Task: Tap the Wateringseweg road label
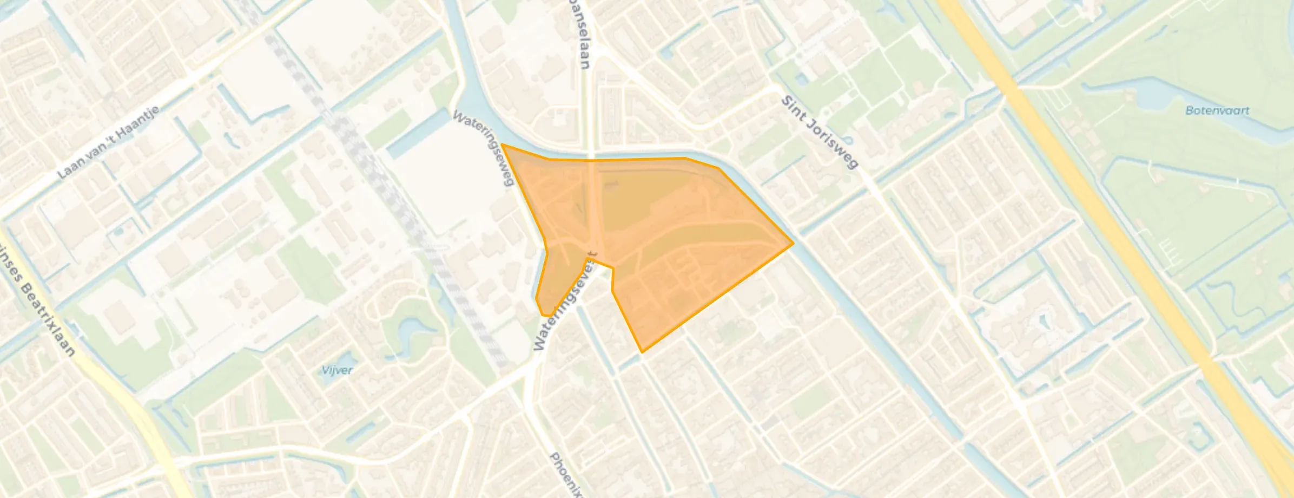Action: point(483,148)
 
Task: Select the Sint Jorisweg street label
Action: point(820,133)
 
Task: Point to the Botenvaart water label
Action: point(1217,110)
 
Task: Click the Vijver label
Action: point(336,370)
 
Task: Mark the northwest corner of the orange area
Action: point(502,145)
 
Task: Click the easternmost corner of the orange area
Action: point(793,244)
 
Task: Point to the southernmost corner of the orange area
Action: point(642,352)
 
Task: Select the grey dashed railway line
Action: point(411,217)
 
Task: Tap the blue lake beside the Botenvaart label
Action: point(1158,103)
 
